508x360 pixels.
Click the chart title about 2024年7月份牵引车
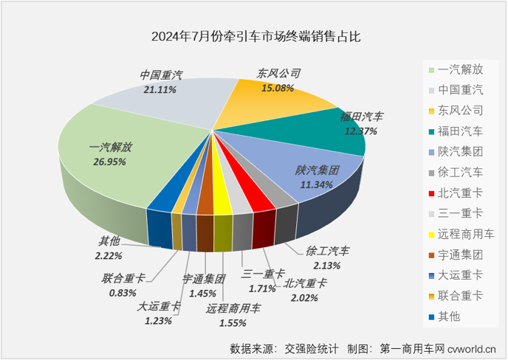click(x=253, y=35)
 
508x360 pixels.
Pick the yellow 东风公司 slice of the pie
click(x=273, y=100)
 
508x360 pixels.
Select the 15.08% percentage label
click(x=277, y=88)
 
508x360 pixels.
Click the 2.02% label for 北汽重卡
click(x=301, y=299)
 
